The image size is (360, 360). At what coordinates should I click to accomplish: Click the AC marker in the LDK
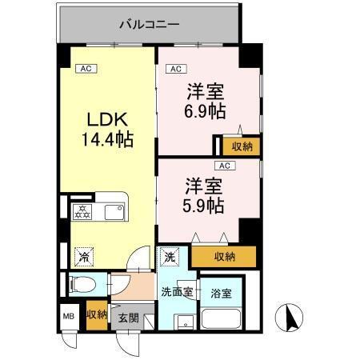[86, 69]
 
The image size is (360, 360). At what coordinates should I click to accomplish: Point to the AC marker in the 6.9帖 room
[177, 69]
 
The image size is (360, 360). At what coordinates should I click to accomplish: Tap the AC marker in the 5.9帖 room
[225, 166]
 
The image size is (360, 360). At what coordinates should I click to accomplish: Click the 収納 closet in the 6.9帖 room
[240, 146]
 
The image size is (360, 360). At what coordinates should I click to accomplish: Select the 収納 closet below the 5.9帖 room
[223, 257]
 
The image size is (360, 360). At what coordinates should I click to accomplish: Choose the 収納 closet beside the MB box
[96, 314]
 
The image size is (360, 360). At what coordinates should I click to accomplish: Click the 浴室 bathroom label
[221, 294]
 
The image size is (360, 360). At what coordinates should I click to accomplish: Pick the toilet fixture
[81, 284]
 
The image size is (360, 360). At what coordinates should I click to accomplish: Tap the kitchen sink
[112, 212]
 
